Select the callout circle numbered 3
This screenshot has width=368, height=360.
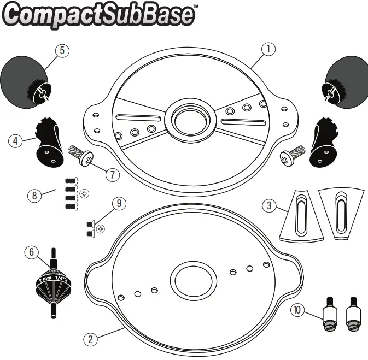[x=268, y=206]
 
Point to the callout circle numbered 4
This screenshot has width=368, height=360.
[x=16, y=140]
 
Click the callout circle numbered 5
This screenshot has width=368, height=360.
[x=62, y=50]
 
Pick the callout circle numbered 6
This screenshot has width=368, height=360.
[x=32, y=252]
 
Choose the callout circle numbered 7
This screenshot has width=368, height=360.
[x=111, y=175]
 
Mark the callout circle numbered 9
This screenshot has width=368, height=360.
[x=119, y=203]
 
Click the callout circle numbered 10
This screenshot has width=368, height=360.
[x=297, y=310]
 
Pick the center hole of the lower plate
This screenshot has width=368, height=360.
[x=192, y=279]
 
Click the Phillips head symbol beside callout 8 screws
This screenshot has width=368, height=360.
[x=84, y=193]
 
